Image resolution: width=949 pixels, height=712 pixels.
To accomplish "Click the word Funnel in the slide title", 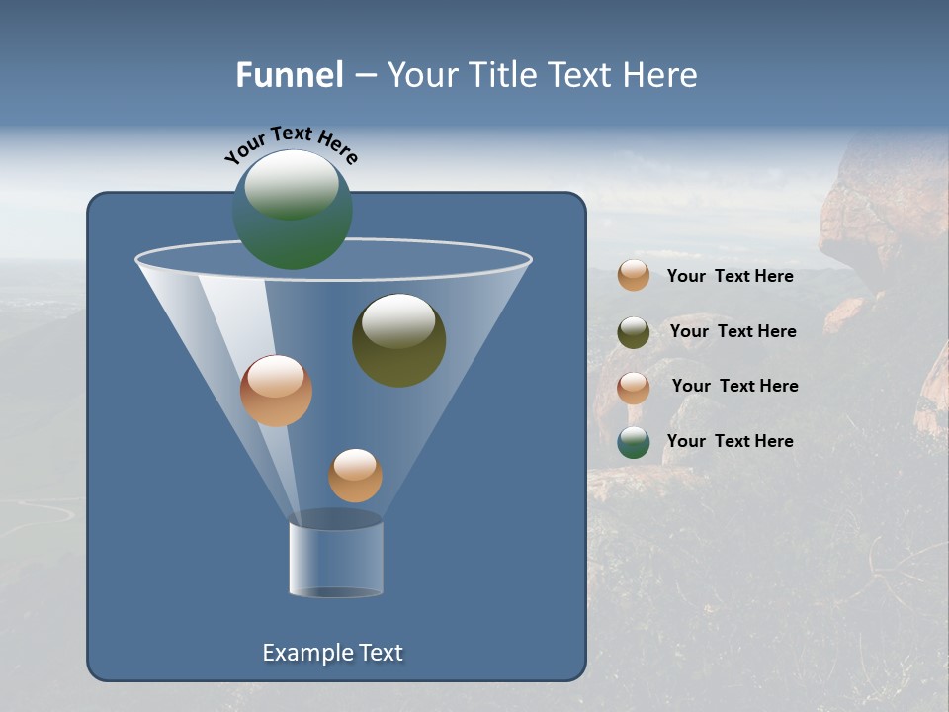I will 289,75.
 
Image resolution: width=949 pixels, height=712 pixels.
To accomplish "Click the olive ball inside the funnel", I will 398,340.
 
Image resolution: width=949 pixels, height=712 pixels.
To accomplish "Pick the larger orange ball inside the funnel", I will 276,391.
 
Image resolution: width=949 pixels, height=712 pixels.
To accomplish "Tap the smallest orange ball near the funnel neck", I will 355,475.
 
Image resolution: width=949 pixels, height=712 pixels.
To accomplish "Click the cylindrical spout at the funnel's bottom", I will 335,559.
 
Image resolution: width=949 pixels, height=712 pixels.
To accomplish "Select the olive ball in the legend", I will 634,332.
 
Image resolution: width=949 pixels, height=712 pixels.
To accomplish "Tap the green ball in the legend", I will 634,442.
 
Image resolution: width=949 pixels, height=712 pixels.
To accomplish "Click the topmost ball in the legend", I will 634,275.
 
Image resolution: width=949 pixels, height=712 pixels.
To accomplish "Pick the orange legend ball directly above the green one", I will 634,388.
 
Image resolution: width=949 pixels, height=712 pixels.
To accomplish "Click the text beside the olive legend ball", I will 733,331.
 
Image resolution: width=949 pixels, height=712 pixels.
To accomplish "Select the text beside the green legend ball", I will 730,441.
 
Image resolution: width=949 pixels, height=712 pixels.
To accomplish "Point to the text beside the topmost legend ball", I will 730,276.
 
